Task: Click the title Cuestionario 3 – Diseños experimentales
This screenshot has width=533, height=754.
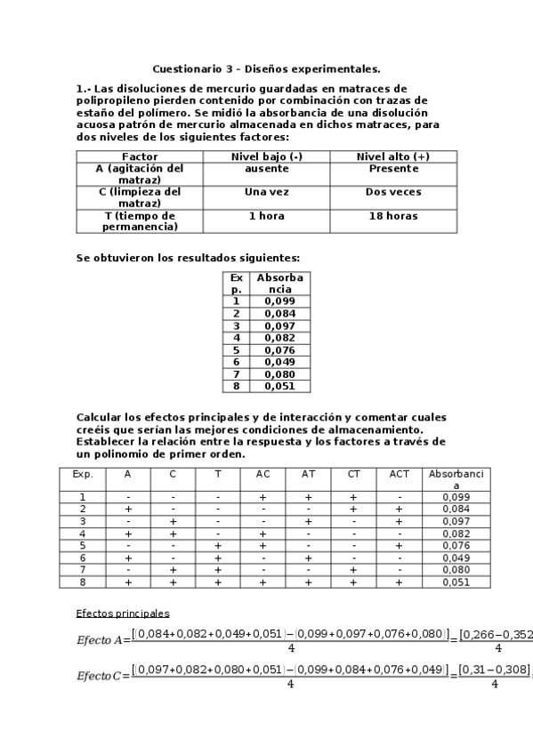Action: pyautogui.click(x=266, y=68)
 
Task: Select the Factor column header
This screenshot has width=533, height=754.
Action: pyautogui.click(x=139, y=156)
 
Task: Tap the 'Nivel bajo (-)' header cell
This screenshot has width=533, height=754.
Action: pyautogui.click(x=266, y=156)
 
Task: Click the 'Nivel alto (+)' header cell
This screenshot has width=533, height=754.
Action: pyautogui.click(x=392, y=156)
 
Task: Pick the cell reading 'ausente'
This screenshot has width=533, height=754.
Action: pyautogui.click(x=266, y=168)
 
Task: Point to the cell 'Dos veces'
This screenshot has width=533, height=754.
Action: pyautogui.click(x=392, y=191)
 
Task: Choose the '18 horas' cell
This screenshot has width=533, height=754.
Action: pyautogui.click(x=392, y=216)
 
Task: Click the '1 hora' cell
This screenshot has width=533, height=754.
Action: pyautogui.click(x=266, y=216)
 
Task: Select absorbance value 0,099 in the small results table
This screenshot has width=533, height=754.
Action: pyautogui.click(x=279, y=301)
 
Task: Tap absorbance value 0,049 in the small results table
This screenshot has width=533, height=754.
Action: pyautogui.click(x=279, y=362)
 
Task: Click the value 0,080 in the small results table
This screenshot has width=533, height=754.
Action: pyautogui.click(x=279, y=374)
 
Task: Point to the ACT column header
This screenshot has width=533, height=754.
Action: pyautogui.click(x=400, y=475)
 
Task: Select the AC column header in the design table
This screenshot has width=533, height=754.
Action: pyautogui.click(x=262, y=475)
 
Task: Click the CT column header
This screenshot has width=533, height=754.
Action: pyautogui.click(x=353, y=475)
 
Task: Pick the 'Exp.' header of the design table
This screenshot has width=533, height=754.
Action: pyautogui.click(x=83, y=475)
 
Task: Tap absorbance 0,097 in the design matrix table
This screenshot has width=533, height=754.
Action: pyautogui.click(x=456, y=520)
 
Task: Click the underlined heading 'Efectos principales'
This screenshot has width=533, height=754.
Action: pyautogui.click(x=123, y=614)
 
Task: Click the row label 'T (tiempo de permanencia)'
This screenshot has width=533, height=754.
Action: pyautogui.click(x=139, y=221)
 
